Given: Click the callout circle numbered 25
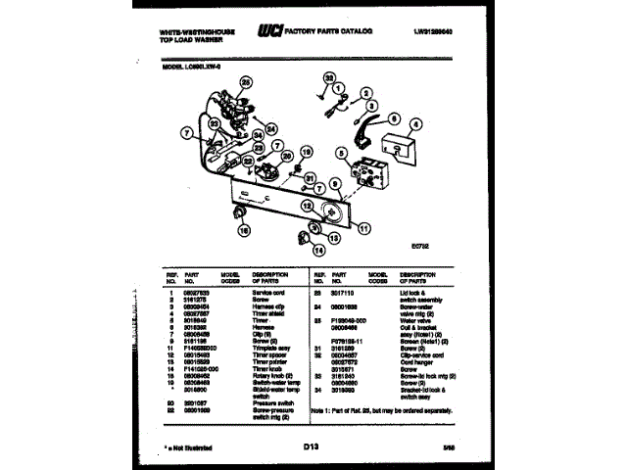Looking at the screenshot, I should pos(246,82).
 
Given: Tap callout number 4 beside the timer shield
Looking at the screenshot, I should pos(415,124).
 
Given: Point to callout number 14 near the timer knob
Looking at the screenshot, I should pos(318,251).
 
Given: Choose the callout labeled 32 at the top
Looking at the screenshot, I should pos(329,75).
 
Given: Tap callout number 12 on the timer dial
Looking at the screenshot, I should pos(308,207).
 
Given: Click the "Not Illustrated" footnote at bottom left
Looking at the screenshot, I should pos(187,446).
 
